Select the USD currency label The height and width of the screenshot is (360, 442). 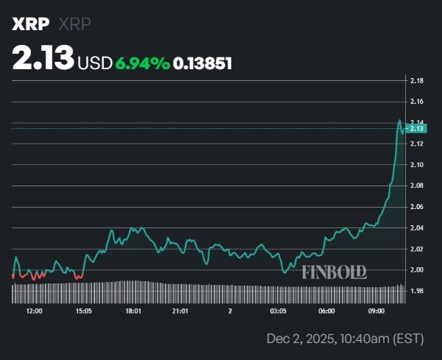pyautogui.click(x=95, y=64)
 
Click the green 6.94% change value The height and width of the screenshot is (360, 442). pyautogui.click(x=142, y=64)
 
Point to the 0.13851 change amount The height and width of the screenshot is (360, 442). pyautogui.click(x=203, y=64)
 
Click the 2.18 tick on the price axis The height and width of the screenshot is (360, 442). pyautogui.click(x=416, y=80)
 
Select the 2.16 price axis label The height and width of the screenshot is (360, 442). pyautogui.click(x=416, y=101)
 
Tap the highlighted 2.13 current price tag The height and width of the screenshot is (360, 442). pyautogui.click(x=417, y=128)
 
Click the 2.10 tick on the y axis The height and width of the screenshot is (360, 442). pyautogui.click(x=416, y=164)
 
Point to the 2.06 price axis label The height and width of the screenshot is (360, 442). pyautogui.click(x=416, y=207)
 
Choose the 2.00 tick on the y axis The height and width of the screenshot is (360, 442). pyautogui.click(x=416, y=270)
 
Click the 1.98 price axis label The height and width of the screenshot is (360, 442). pyautogui.click(x=416, y=292)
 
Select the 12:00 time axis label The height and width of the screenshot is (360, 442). pyautogui.click(x=34, y=311)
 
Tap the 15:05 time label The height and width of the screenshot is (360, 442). pyautogui.click(x=83, y=311)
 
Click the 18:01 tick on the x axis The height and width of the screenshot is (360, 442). pyautogui.click(x=133, y=311)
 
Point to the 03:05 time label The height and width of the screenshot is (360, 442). pyautogui.click(x=278, y=311)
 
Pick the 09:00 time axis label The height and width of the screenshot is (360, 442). pyautogui.click(x=376, y=311)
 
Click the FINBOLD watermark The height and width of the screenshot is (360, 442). pyautogui.click(x=334, y=272)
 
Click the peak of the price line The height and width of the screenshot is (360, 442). pyautogui.click(x=399, y=120)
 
